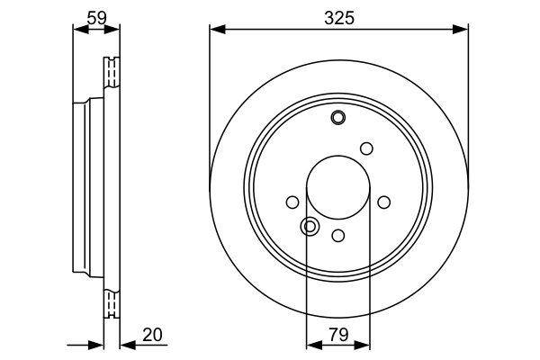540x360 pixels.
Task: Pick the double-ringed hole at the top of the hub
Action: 338,117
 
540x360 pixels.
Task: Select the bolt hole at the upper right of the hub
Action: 366,148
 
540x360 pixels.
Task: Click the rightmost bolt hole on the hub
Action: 384,202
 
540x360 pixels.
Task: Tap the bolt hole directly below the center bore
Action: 338,235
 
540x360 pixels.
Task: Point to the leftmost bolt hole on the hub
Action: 292,202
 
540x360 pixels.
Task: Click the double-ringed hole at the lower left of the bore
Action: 310,226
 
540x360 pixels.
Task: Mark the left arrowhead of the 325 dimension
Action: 215,30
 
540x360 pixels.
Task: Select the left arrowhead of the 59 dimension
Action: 77,30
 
